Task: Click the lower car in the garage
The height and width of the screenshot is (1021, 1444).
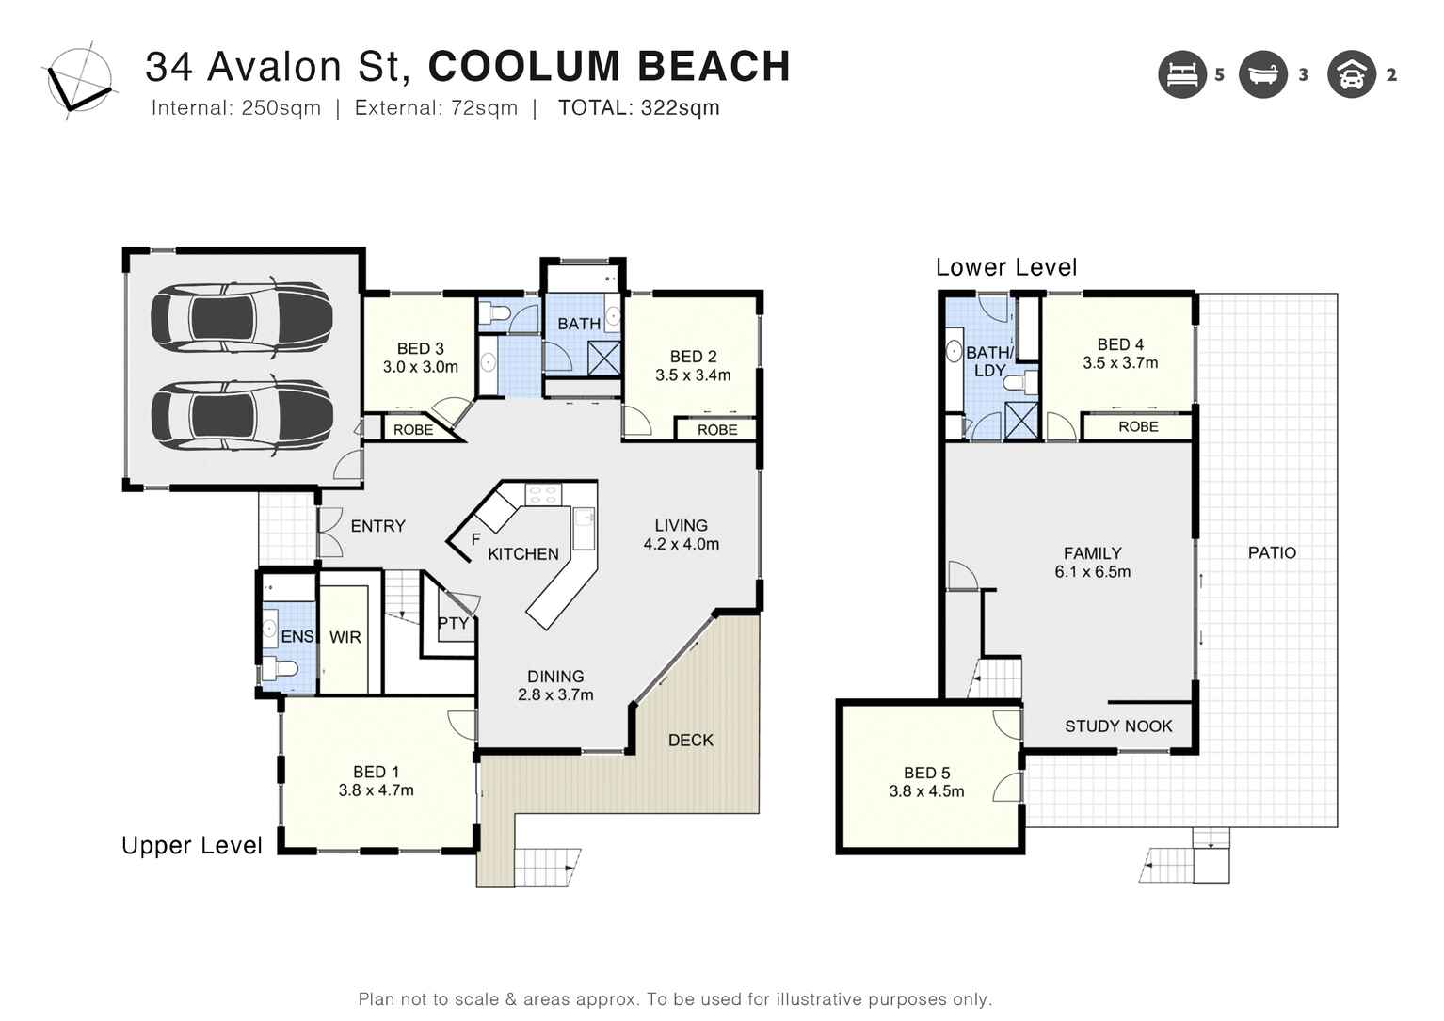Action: (242, 415)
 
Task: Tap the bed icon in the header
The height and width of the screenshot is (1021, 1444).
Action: (1181, 74)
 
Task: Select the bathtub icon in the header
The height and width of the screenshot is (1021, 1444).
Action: (1262, 74)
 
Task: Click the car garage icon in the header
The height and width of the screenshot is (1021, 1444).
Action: (1351, 74)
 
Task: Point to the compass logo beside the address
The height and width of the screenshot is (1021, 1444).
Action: (79, 81)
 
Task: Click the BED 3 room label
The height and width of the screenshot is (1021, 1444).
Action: (420, 349)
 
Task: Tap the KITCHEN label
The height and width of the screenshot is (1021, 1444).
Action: (523, 554)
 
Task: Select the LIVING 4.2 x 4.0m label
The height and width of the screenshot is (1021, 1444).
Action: (681, 534)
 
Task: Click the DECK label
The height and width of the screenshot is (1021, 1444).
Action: (690, 741)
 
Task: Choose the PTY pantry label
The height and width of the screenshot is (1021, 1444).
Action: (453, 623)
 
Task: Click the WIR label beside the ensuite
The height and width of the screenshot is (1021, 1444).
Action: (345, 637)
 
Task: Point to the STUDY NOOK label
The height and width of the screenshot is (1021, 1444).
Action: (1117, 726)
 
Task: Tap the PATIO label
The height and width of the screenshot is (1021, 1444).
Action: (1271, 552)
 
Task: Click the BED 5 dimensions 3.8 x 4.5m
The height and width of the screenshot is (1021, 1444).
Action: (926, 791)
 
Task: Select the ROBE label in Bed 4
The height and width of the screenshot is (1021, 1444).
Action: (1137, 426)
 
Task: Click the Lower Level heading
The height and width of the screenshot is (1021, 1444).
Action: (1005, 267)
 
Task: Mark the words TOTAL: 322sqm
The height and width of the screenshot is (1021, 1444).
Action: (638, 107)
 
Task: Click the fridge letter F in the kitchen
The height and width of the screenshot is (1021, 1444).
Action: (475, 539)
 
